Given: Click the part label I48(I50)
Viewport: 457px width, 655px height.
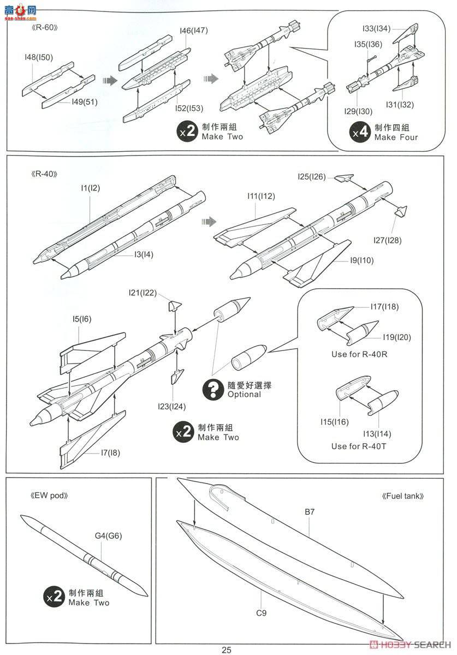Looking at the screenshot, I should pyautogui.click(x=38, y=57).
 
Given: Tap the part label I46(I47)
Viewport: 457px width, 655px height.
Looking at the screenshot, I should pyautogui.click(x=193, y=31).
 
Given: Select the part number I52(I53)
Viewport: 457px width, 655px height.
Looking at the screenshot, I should pyautogui.click(x=189, y=109).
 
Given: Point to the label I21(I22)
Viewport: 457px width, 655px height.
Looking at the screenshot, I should pyautogui.click(x=143, y=293).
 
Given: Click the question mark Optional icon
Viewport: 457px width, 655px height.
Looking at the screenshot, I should pyautogui.click(x=212, y=389).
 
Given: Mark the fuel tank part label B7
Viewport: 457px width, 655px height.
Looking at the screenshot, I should pyautogui.click(x=311, y=512).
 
